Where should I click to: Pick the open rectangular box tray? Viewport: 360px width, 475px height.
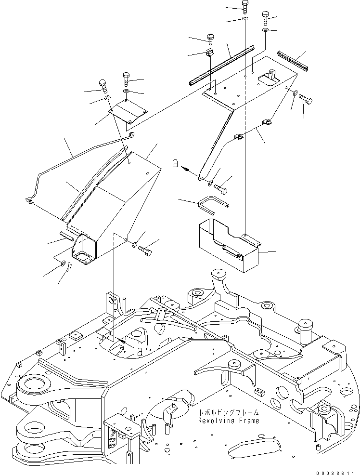coord(228,244)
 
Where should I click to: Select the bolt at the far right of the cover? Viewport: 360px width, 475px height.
coord(306,100)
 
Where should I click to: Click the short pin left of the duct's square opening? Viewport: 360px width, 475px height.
coord(66,235)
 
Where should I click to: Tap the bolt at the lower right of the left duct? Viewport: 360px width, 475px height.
coord(145,250)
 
